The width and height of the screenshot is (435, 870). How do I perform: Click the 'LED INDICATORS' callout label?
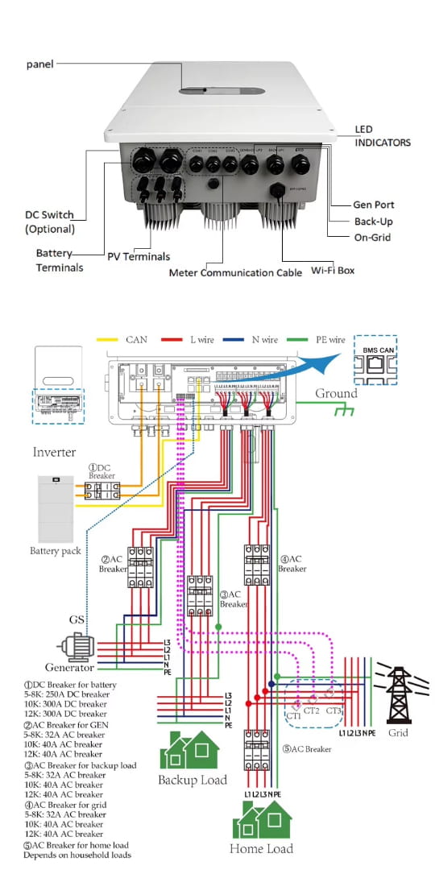[383, 136]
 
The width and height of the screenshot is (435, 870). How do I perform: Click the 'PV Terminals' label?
[139, 256]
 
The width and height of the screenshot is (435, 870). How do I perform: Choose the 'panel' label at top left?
[40, 63]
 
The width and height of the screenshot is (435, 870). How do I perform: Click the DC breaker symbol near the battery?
[103, 493]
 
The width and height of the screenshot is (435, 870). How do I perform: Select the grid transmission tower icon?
[398, 694]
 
